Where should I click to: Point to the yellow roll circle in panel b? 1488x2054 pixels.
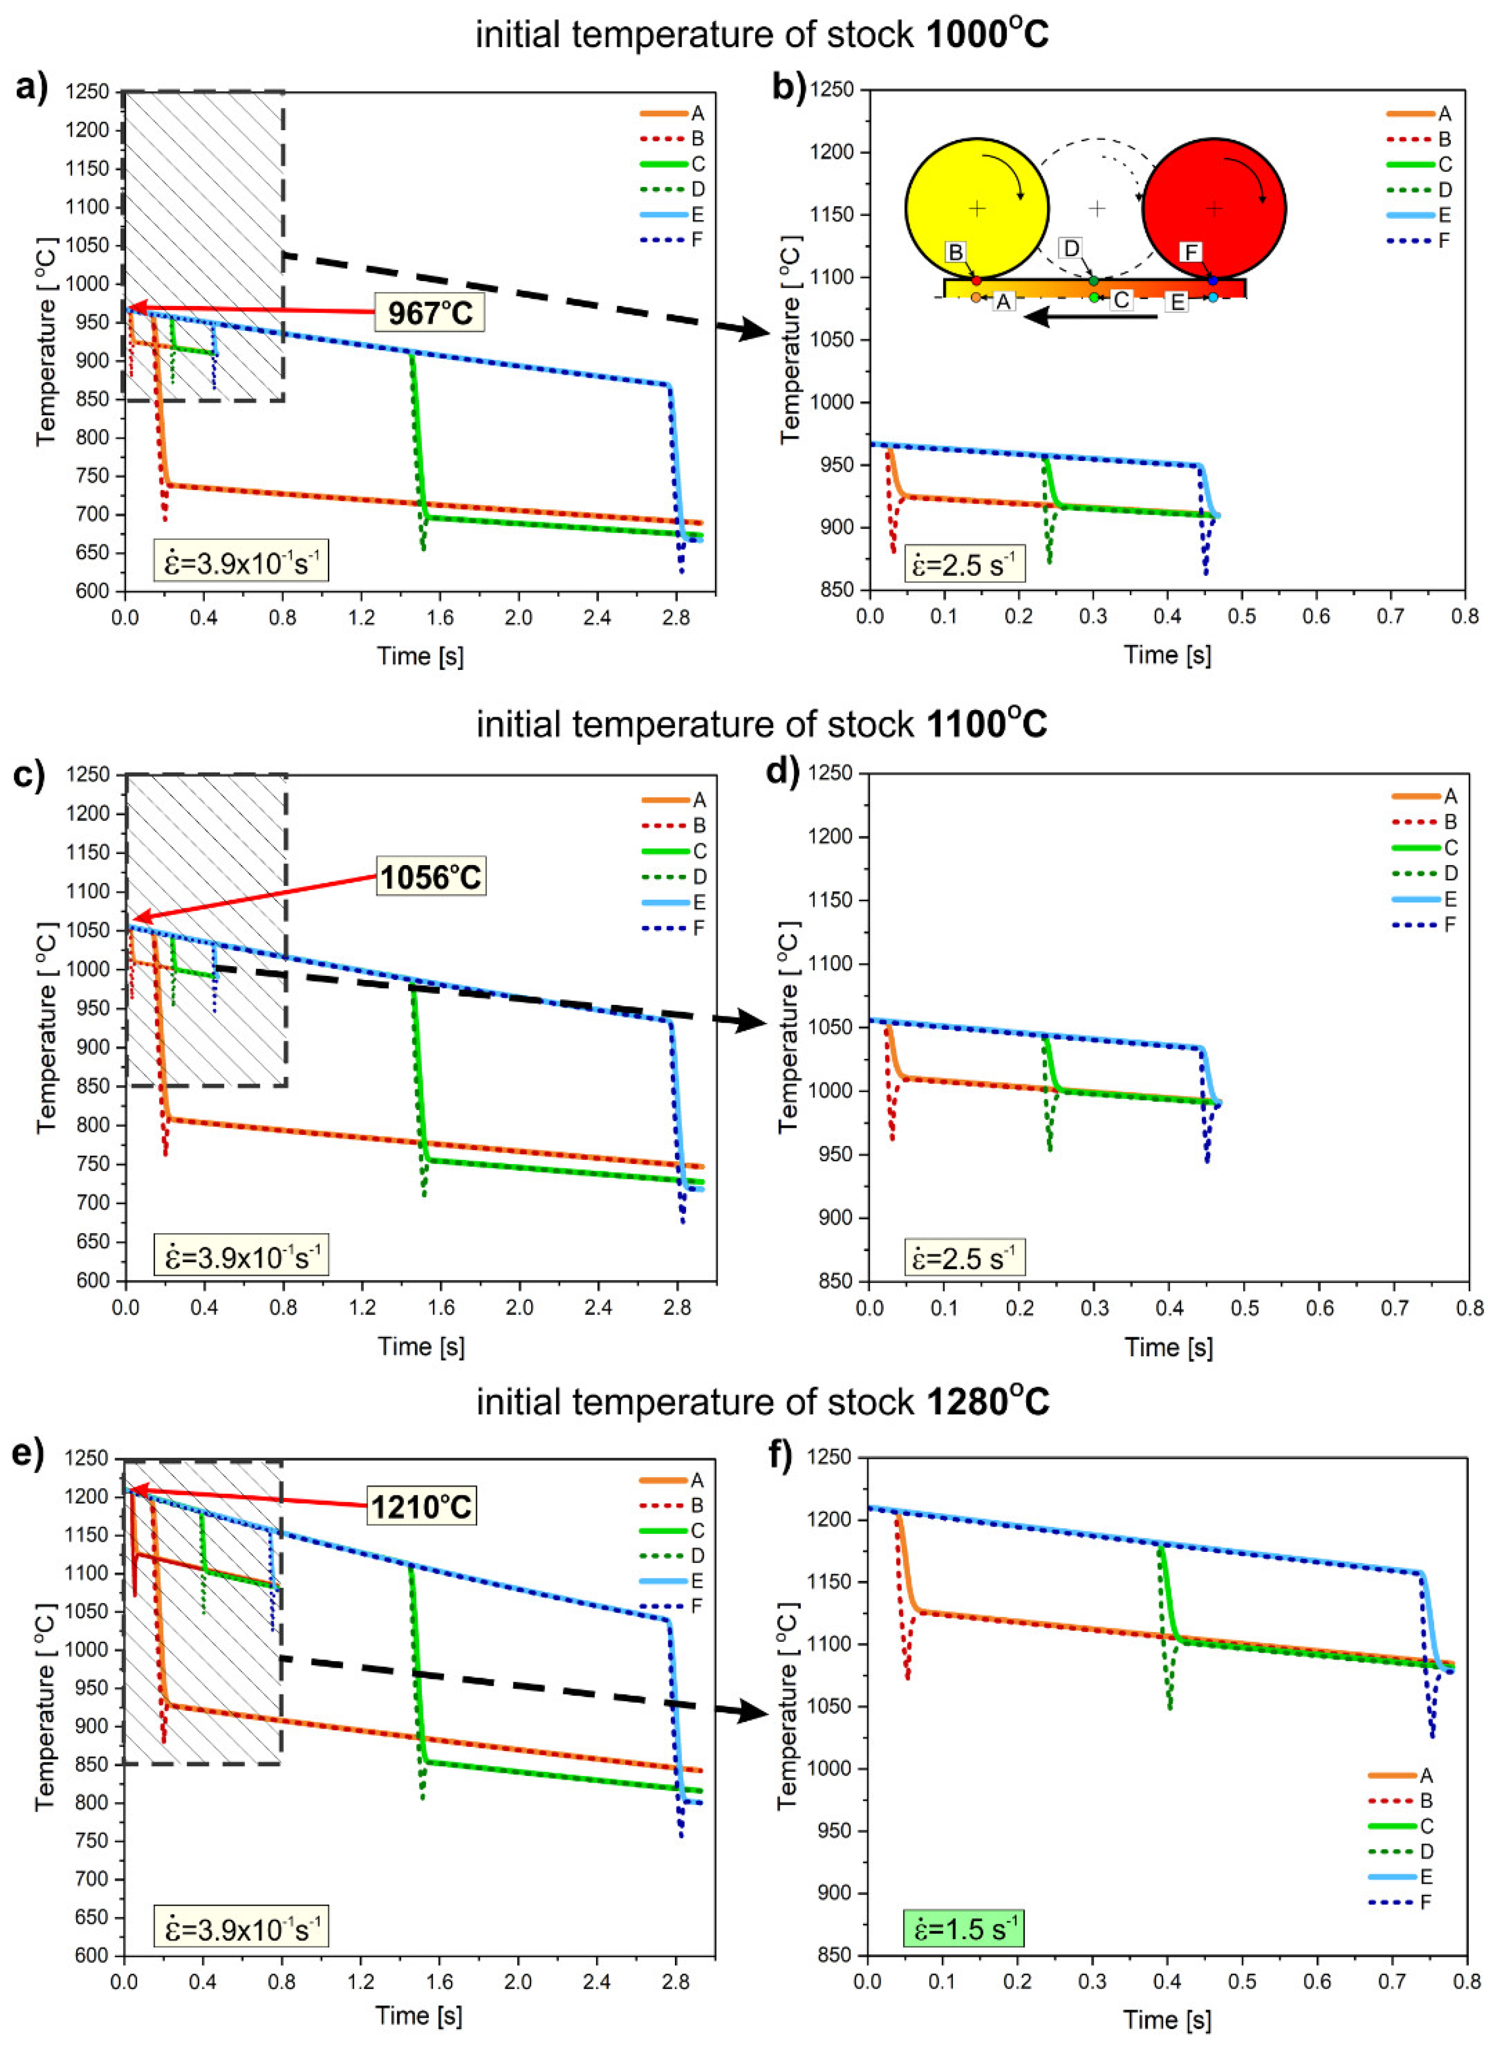pyautogui.click(x=976, y=208)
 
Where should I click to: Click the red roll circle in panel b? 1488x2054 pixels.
pyautogui.click(x=1214, y=208)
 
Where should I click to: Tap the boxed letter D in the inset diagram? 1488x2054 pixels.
pyautogui.click(x=1070, y=247)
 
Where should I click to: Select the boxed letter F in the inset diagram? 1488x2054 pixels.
pyautogui.click(x=1190, y=252)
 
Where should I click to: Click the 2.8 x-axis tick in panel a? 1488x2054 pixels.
pyautogui.click(x=675, y=618)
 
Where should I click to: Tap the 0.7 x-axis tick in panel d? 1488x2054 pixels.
pyautogui.click(x=1394, y=1307)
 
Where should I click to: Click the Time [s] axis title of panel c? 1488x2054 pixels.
pyautogui.click(x=421, y=1346)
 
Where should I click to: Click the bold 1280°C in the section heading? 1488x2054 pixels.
pyautogui.click(x=987, y=1402)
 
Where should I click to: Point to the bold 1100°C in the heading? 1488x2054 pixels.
pyautogui.click(x=986, y=724)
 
